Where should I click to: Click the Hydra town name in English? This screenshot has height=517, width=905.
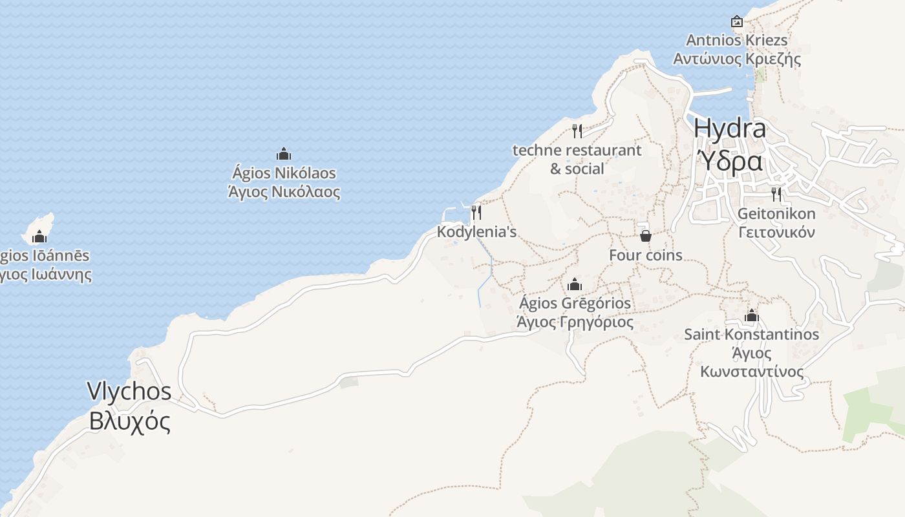pos(730,129)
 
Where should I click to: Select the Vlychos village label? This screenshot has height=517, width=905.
pos(129,392)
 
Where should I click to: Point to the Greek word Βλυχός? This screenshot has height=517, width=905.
pos(130,421)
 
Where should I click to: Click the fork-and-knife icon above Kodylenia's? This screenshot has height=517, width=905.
pos(476,212)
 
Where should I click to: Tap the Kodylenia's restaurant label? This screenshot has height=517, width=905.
pos(477,231)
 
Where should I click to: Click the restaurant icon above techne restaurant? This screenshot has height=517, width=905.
pos(577,131)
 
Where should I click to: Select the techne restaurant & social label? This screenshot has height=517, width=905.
pos(577,159)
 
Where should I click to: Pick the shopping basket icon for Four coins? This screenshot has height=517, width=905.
pos(645,236)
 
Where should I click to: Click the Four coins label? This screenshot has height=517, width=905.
pos(645,255)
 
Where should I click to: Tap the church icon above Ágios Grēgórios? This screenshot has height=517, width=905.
pos(575,284)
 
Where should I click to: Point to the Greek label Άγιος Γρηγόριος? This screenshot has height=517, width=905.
pos(575,322)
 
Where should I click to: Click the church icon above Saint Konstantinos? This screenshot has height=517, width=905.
pos(751,316)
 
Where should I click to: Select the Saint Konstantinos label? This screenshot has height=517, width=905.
pos(752,335)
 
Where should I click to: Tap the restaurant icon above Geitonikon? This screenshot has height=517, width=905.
pos(776,194)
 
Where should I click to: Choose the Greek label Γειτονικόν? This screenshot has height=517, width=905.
pos(776,233)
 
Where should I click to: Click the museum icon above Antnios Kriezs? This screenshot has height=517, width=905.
pos(737,21)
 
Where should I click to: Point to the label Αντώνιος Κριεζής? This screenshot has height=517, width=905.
pos(737,59)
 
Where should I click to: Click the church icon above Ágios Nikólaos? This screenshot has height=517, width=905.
pos(284,154)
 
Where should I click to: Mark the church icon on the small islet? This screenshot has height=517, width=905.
pos(39,237)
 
